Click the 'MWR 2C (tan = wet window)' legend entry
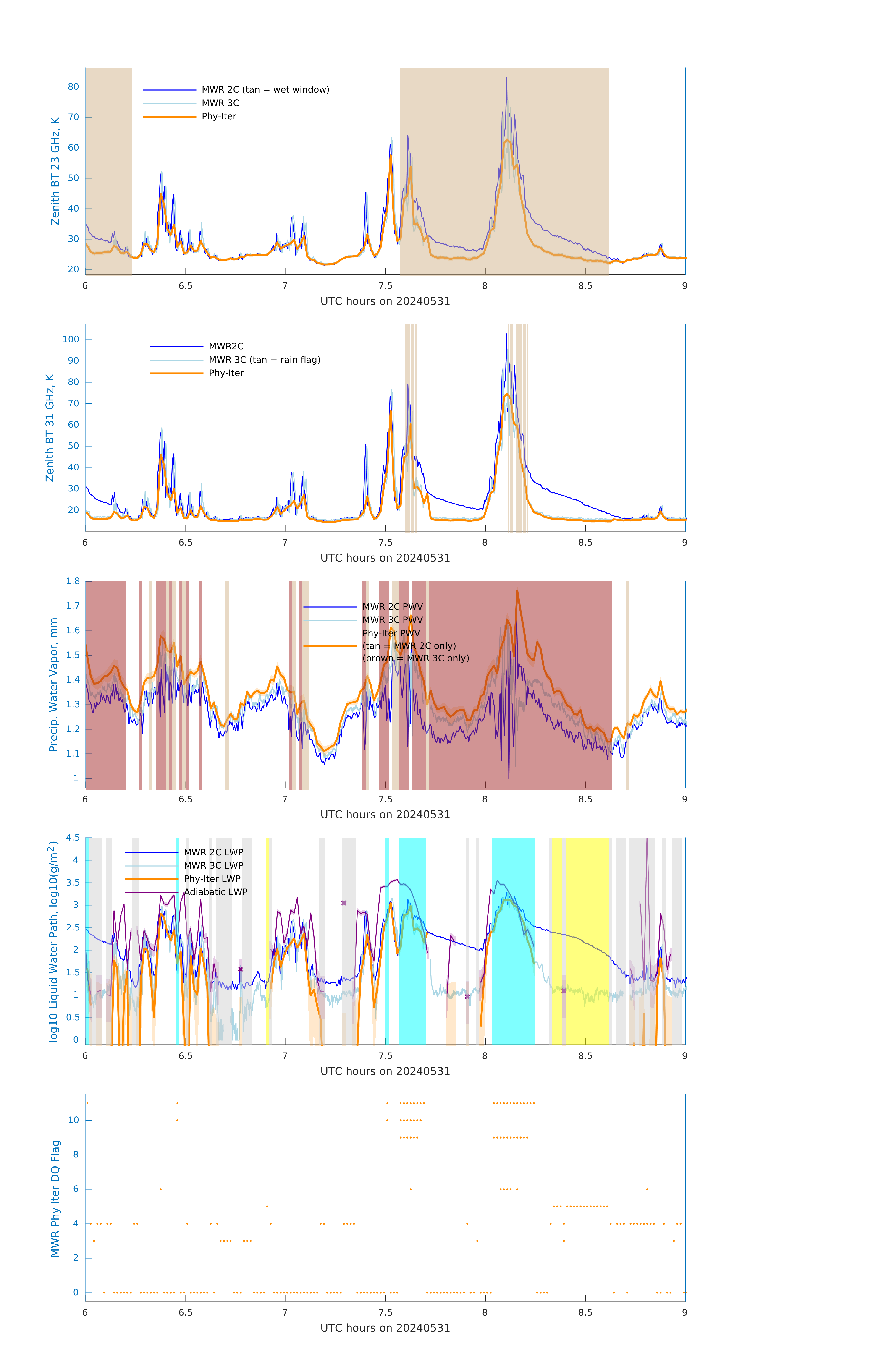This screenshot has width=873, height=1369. (x=265, y=90)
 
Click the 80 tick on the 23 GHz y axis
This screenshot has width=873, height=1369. (x=73, y=87)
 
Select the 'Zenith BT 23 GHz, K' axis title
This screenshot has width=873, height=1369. (x=55, y=171)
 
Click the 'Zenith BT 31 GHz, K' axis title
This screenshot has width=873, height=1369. (x=50, y=428)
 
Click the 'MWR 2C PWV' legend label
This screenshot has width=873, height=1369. (x=392, y=607)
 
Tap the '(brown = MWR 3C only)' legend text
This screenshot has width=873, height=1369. (x=416, y=658)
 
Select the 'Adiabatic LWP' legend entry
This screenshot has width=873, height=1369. (x=215, y=892)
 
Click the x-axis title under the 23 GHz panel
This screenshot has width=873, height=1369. (x=385, y=301)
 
